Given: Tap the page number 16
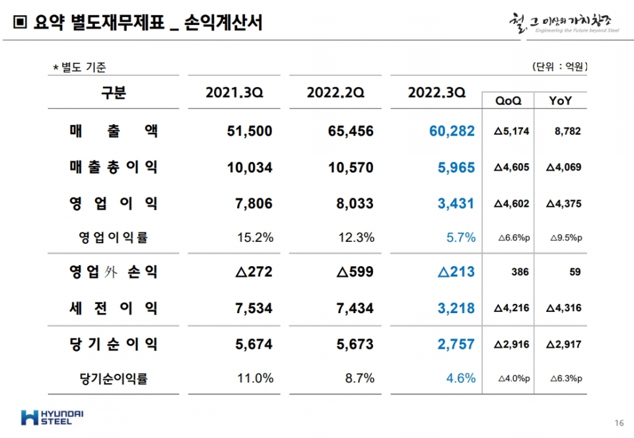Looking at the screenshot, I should (x=619, y=423).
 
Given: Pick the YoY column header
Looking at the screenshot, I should (x=560, y=100).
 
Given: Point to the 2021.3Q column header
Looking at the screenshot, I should (x=234, y=93).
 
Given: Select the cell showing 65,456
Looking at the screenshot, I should (x=350, y=131).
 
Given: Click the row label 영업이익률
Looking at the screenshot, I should (x=114, y=238).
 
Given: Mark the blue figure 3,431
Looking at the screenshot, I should (x=456, y=203).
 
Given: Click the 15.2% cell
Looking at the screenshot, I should (x=255, y=238).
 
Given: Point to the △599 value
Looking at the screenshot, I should (x=355, y=272).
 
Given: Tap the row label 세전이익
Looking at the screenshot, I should (x=114, y=307).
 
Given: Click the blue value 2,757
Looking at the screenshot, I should (x=456, y=344).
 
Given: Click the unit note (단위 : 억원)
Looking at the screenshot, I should (x=559, y=67).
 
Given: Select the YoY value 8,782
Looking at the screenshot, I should (x=567, y=131).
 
